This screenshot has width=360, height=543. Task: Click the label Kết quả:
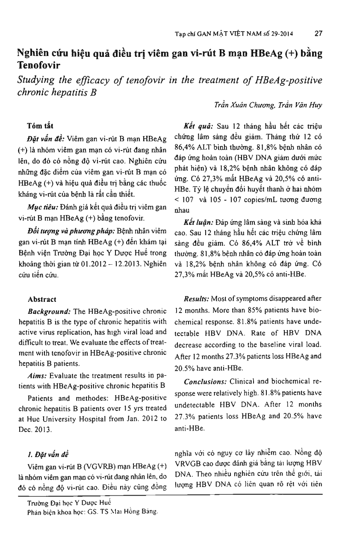(x=199, y=126)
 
